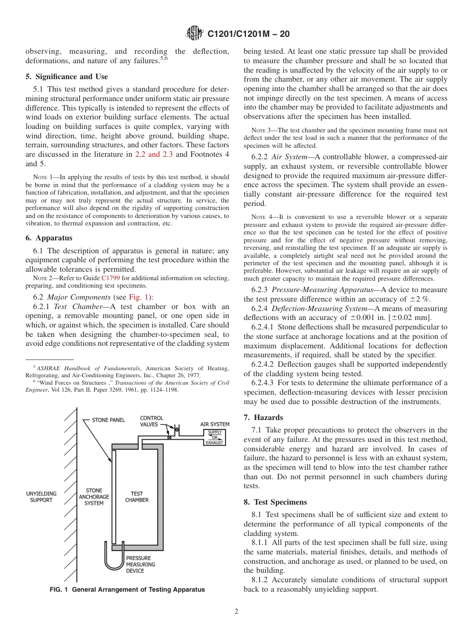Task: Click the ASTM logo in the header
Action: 194,33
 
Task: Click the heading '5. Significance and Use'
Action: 66,77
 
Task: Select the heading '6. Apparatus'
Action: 49,238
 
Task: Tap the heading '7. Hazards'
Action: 263,418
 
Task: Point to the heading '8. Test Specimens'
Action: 275,502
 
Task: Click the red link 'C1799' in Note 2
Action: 110,278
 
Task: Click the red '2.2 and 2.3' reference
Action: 154,154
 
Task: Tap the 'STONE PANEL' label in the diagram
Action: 108,421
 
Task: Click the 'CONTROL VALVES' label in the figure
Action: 151,422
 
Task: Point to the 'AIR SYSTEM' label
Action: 215,424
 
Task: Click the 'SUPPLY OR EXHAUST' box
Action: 215,437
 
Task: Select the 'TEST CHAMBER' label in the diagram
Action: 136,497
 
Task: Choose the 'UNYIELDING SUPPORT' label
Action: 41,497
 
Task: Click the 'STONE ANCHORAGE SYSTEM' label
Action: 94,497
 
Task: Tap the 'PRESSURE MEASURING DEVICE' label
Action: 140,564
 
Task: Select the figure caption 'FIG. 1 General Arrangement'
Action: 127,590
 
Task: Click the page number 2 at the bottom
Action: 236,612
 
